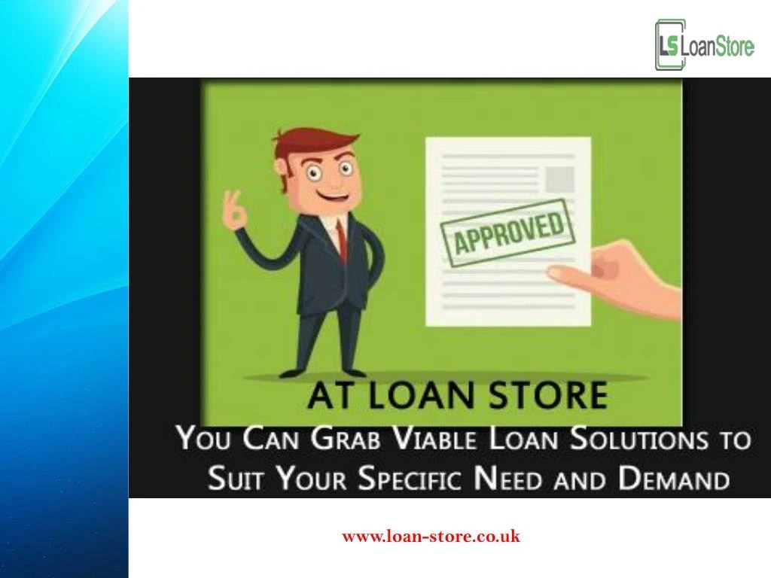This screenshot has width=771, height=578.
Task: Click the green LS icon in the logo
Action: click(669, 46)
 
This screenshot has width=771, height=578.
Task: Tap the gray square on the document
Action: click(560, 178)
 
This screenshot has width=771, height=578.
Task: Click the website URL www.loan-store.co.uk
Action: click(431, 536)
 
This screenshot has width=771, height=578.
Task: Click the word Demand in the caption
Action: click(673, 479)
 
